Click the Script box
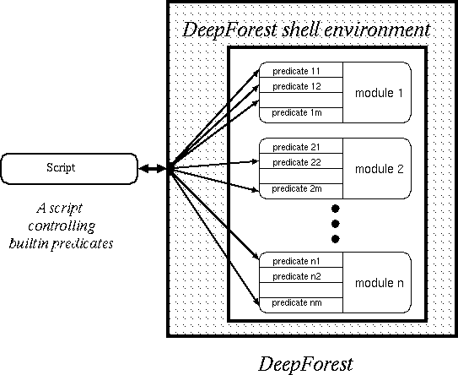(x=69, y=169)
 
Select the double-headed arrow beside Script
(x=153, y=168)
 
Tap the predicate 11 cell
(x=301, y=70)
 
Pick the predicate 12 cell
(x=301, y=85)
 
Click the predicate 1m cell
(x=301, y=115)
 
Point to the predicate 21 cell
(x=301, y=146)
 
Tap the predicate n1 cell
(x=301, y=260)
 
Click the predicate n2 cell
(x=301, y=275)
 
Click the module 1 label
(x=379, y=93)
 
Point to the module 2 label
(x=379, y=169)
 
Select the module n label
(x=379, y=283)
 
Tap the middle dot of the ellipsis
(x=336, y=224)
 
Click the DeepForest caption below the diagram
(x=306, y=365)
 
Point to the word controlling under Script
(x=62, y=226)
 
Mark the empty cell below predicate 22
(x=301, y=176)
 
